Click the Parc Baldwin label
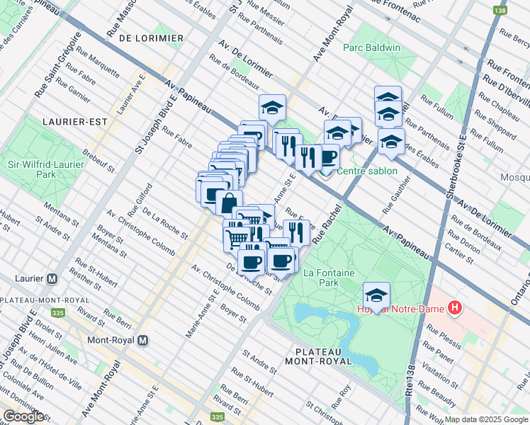pos(372,48)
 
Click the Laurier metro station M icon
pos(52,279)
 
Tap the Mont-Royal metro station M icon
pos(143,340)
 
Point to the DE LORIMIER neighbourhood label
pos(151,38)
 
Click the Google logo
pos(24,416)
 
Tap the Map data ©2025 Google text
pos(486,419)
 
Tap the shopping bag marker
pos(229,203)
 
